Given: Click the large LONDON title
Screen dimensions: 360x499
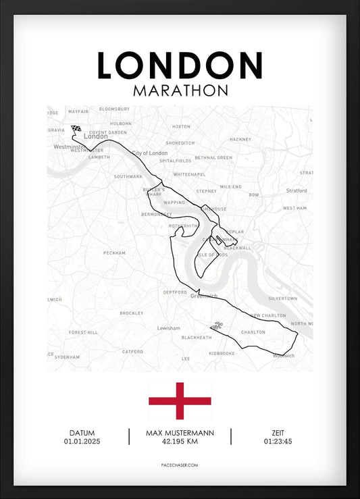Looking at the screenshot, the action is click(x=180, y=65).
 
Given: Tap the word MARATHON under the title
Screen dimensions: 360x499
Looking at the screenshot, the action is click(x=180, y=90).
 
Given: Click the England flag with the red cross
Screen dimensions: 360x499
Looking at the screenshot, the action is click(x=180, y=400).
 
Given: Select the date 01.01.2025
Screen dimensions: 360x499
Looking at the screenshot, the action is click(x=82, y=442).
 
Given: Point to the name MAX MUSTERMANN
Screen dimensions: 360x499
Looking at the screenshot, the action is click(x=179, y=433).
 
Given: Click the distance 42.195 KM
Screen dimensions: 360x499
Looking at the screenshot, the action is click(x=179, y=442).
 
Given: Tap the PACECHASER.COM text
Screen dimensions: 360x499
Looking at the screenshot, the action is click(x=180, y=465).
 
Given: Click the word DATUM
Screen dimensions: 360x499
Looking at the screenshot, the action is click(x=82, y=433).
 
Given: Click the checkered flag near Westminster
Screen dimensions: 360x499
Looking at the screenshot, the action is click(x=76, y=129).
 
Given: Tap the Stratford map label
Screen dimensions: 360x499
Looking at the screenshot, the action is click(x=297, y=190).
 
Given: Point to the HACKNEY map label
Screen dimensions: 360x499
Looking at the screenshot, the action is click(x=240, y=139).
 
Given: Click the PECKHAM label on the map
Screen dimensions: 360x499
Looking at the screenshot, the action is click(x=114, y=253).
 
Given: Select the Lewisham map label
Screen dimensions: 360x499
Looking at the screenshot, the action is click(x=168, y=328).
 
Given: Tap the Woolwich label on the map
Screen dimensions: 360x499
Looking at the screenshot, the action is click(x=282, y=355).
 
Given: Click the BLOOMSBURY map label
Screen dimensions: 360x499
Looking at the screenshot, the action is click(x=114, y=109).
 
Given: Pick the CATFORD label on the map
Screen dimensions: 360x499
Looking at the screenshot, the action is click(x=132, y=351).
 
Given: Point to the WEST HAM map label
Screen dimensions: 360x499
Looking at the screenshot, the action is click(x=294, y=209).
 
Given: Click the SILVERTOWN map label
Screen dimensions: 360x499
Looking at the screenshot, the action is click(x=282, y=298).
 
